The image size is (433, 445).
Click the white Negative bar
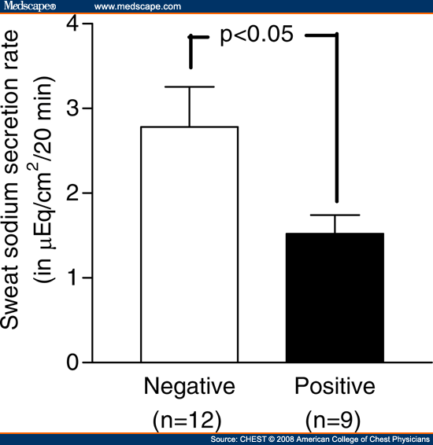190,245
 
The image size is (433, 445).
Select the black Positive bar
335,298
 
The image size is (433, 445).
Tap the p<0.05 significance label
257,35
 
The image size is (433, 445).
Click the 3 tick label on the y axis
72,108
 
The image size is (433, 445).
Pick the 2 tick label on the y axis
72,193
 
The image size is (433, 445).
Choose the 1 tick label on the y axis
72,278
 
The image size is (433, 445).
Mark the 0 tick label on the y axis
72,362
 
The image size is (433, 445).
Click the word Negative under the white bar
190,388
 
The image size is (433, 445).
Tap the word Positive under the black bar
335,386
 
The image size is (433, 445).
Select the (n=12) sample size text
187,421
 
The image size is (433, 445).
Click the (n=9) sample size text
333,421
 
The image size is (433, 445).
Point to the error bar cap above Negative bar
190,86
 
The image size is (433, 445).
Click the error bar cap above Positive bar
335,215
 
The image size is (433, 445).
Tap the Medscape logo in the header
30,6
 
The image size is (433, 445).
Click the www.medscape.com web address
138,6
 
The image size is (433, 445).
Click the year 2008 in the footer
285,439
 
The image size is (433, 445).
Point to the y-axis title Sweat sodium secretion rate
9,180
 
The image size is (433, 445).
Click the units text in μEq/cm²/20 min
44,179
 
